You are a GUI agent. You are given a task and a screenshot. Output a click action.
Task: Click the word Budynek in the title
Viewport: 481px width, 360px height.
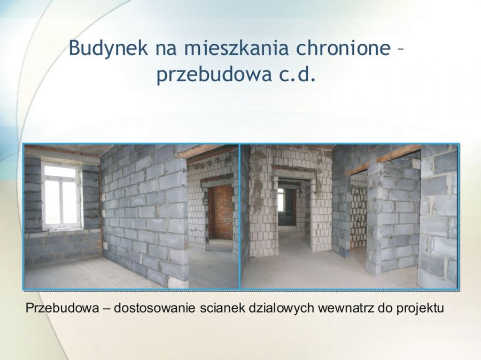pos(108,48)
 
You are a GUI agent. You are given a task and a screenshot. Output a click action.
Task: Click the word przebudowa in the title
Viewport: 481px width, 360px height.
pos(214,75)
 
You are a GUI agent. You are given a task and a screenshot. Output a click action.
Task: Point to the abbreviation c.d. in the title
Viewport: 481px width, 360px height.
pos(297,75)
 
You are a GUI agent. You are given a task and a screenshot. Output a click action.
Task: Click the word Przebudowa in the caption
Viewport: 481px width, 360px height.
pos(63,308)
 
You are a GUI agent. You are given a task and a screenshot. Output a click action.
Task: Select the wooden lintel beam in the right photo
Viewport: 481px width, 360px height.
pos(383,160)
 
